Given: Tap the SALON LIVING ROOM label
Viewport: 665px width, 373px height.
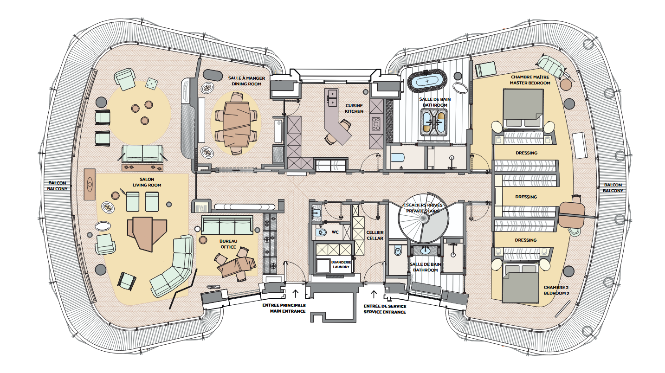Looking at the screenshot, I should pyautogui.click(x=143, y=182).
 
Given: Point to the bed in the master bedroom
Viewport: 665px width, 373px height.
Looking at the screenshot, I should pyautogui.click(x=523, y=108).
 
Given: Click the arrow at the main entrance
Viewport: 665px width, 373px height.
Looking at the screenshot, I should pyautogui.click(x=295, y=293).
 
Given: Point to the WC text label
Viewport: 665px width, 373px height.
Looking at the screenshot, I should pyautogui.click(x=336, y=232).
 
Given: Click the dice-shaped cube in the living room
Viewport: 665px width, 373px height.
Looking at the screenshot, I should pyautogui.click(x=151, y=84).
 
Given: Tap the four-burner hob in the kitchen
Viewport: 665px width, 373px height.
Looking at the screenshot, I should pyautogui.click(x=375, y=123).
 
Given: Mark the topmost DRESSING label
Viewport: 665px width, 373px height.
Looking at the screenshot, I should pyautogui.click(x=526, y=153).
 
